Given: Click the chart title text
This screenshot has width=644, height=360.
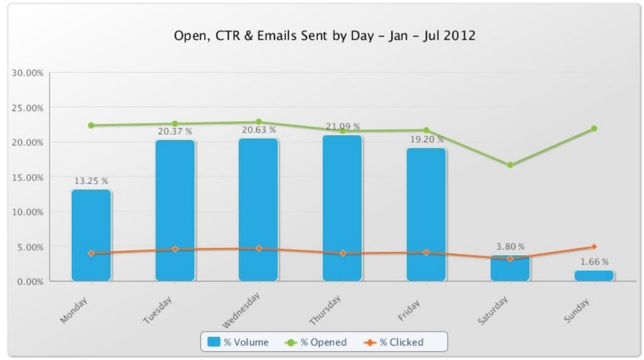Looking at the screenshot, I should pos(324,36).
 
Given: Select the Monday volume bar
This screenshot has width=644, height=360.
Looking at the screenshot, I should pos(91,235).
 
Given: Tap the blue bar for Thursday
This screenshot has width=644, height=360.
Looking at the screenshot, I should pos(342,208).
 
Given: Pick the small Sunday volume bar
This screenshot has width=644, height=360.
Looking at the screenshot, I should pos(594,276).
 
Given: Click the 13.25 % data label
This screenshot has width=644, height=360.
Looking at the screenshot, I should pos(91,181).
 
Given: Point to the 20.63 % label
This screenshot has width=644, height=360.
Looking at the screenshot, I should pos(259,130).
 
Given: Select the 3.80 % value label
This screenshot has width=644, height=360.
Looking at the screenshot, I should pos(510,247).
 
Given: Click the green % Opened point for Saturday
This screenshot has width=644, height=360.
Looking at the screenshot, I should pos(510,165).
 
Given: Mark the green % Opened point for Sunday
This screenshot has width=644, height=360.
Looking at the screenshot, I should pos(594,129).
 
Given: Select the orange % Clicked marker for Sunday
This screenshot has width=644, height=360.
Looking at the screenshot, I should pos(594,247).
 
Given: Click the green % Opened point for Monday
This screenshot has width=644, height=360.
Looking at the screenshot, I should pos(91,126).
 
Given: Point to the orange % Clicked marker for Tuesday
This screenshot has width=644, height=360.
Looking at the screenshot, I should pos(175,249).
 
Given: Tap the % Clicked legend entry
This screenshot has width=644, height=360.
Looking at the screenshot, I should pos(394,342).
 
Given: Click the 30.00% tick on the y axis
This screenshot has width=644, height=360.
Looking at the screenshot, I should pos(27,73).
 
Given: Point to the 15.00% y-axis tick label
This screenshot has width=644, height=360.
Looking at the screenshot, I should pos(27,178).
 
